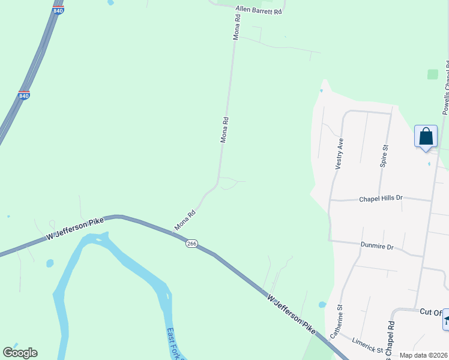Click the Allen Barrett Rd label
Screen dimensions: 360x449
(x=259, y=11)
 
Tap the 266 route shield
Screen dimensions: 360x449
(x=191, y=243)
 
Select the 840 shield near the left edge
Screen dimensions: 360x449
(x=24, y=95)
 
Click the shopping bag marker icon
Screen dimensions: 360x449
(x=426, y=136)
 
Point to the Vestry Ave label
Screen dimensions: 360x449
(x=339, y=154)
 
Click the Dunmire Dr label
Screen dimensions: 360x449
(x=376, y=246)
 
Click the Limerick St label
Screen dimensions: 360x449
(x=368, y=345)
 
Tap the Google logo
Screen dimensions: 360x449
(x=20, y=353)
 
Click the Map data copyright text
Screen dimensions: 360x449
(x=423, y=355)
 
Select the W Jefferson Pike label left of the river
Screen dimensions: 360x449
(x=75, y=230)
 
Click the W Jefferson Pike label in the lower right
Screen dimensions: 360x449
(x=291, y=314)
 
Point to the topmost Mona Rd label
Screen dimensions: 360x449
(x=237, y=27)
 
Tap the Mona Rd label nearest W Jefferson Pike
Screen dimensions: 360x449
(x=185, y=220)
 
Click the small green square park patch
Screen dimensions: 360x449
(x=433, y=74)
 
